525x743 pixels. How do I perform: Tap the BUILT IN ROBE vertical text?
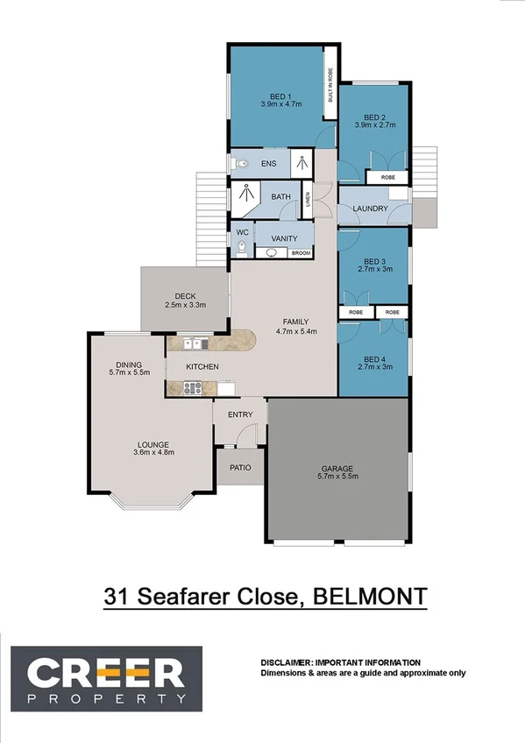click(330, 88)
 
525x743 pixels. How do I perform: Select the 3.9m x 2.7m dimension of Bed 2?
click(374, 125)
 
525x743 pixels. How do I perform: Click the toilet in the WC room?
click(240, 249)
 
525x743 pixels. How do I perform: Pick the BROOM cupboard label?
click(301, 253)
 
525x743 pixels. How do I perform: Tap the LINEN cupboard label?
click(308, 199)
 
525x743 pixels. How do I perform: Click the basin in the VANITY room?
click(273, 253)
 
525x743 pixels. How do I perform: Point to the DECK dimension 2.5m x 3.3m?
click(184, 305)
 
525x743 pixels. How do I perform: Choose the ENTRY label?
click(240, 414)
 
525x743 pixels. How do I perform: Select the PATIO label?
click(240, 468)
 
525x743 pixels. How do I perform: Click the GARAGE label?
click(337, 468)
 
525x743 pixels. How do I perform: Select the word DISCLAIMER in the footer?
click(286, 662)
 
